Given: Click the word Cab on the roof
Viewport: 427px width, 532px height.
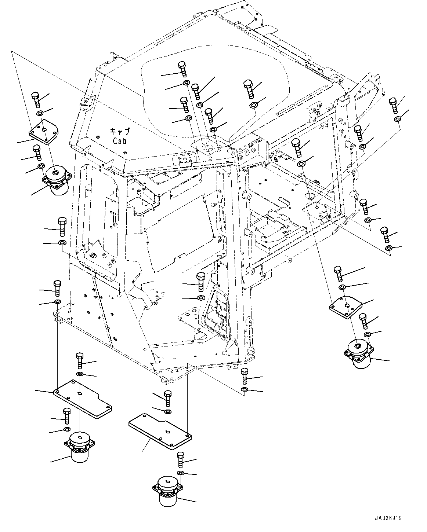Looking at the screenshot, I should click(120, 140).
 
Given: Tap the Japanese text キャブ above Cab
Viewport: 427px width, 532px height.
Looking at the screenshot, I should click(120, 132).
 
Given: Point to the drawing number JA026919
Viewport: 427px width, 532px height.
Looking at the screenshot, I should click(388, 518).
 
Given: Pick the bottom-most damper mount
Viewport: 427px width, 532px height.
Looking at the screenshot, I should click(168, 490).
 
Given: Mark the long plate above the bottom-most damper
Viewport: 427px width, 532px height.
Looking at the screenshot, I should click(160, 430).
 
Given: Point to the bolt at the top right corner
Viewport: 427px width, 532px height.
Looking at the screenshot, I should click(393, 105).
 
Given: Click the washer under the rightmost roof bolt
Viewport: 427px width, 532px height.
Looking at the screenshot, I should click(253, 106).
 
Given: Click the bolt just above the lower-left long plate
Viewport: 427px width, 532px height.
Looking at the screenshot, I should click(80, 360).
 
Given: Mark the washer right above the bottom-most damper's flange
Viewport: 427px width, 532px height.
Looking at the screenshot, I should click(181, 473).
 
